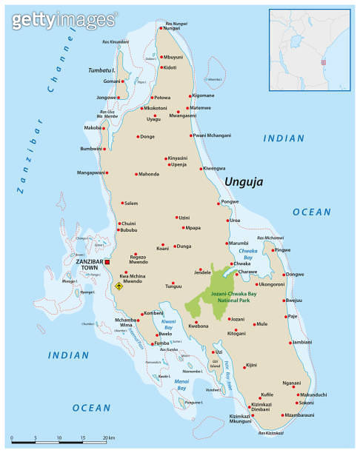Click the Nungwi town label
pos(172,28)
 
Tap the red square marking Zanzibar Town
pos(107,262)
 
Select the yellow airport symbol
pos(118,286)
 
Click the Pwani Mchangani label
pos(213,135)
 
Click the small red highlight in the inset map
pos(321,62)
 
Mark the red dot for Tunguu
pos(172,284)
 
